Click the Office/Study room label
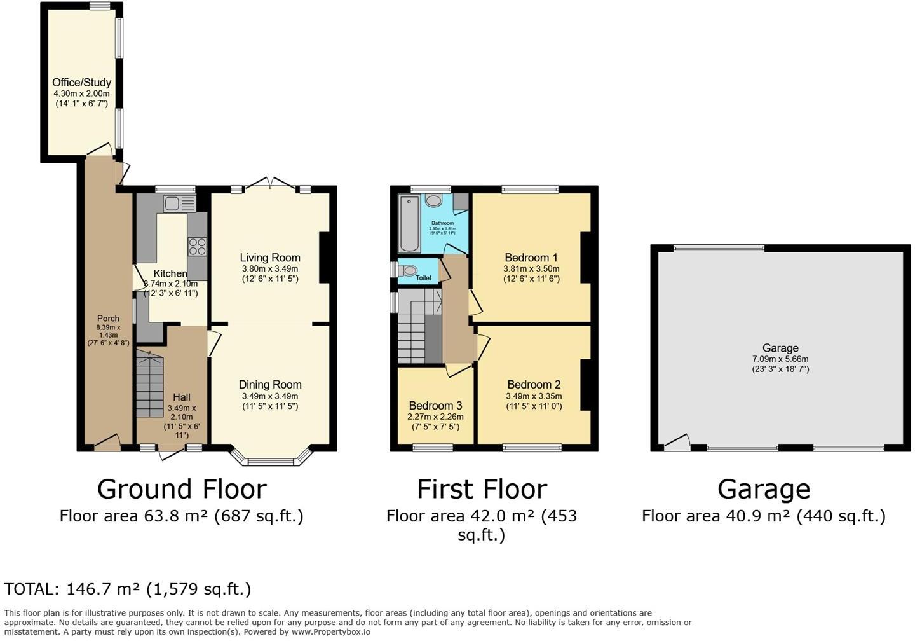(x=81, y=82)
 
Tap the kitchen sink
(x=173, y=203)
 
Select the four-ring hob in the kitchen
(x=198, y=245)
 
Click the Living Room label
(x=269, y=258)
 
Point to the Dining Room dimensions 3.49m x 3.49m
(x=269, y=396)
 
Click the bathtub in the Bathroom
(x=408, y=223)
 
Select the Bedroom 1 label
(x=531, y=258)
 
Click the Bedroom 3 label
(x=435, y=406)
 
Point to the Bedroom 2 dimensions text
(x=534, y=401)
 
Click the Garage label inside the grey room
(x=780, y=348)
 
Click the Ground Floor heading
(x=181, y=489)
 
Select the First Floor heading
(x=482, y=489)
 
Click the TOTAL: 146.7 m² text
(x=127, y=589)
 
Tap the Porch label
(x=108, y=319)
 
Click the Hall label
(x=181, y=397)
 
